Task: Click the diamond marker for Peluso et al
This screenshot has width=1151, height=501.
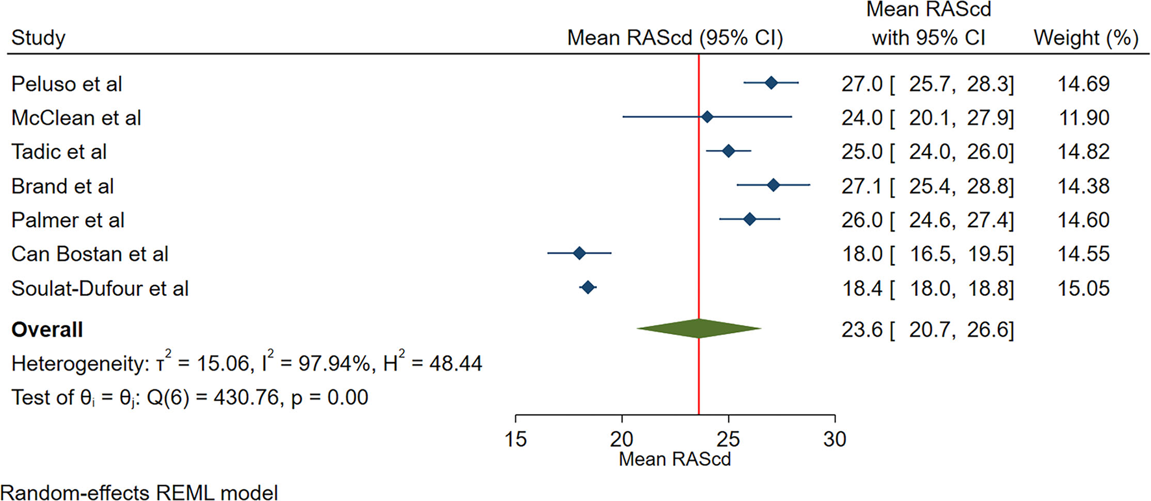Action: tap(771, 83)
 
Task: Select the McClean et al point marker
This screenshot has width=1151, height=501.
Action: tap(707, 117)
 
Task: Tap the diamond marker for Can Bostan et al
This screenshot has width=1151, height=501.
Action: tap(579, 254)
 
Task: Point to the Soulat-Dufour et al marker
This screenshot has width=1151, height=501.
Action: tap(588, 287)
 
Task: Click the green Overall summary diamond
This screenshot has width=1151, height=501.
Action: tap(698, 329)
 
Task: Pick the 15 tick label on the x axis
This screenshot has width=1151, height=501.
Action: tap(516, 439)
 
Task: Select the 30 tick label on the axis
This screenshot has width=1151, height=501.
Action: tap(835, 439)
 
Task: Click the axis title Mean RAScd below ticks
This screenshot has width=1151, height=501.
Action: tap(675, 459)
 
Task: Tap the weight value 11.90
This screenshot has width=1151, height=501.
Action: tap(1083, 118)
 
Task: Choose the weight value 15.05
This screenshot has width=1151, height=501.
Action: tap(1083, 288)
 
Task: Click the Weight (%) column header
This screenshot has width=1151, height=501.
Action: tap(1086, 38)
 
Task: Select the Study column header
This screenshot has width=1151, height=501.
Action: tap(38, 38)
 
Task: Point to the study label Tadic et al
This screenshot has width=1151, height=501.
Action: tap(59, 152)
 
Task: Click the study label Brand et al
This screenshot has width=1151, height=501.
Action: tap(62, 186)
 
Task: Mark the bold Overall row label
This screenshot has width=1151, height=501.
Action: tap(47, 330)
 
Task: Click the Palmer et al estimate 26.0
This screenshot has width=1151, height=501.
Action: tap(862, 220)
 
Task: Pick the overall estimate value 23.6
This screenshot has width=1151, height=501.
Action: tap(862, 330)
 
